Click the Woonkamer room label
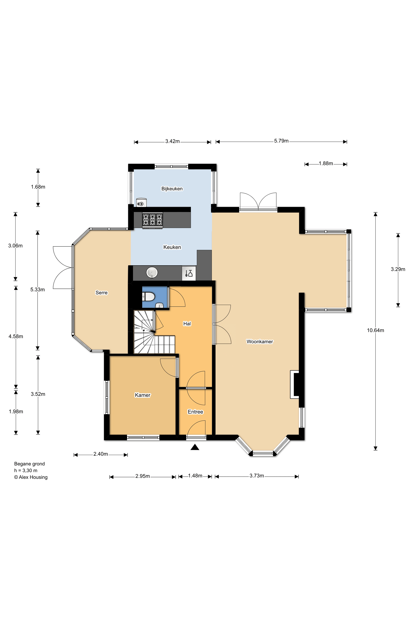(x=259, y=342)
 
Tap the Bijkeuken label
(x=172, y=189)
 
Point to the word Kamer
(x=143, y=395)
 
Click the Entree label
(x=195, y=412)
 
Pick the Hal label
(x=187, y=324)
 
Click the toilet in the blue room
(x=148, y=297)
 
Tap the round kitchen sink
(x=152, y=273)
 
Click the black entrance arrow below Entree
(x=195, y=447)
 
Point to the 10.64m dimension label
(x=375, y=330)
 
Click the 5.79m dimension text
(x=281, y=141)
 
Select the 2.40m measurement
(x=101, y=454)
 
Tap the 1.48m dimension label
(x=195, y=475)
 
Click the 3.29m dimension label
(x=398, y=269)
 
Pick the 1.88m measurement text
(x=326, y=163)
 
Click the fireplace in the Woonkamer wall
(x=295, y=384)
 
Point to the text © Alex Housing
(x=31, y=477)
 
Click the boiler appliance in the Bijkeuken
(x=141, y=203)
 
